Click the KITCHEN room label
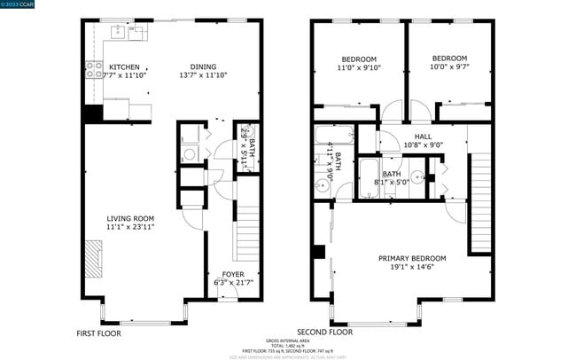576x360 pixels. pos(123,67)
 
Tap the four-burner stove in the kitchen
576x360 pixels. pos(93,68)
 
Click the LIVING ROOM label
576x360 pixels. pos(130,218)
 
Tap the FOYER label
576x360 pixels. pos(233,274)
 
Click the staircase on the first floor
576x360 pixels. pos(246,240)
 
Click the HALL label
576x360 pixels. pos(423,136)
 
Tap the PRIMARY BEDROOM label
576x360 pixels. pos(411,258)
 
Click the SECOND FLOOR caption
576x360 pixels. pos(324,332)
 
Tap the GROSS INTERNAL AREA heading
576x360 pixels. pos(287,340)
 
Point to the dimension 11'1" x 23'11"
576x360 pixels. pos(130,227)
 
